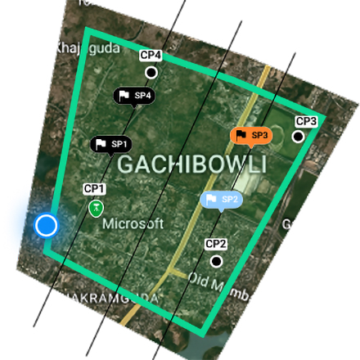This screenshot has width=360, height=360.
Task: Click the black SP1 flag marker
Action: coord(111,145)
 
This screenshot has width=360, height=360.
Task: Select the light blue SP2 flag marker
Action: coord(221,199)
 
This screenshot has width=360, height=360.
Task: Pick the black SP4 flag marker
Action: coord(133,96)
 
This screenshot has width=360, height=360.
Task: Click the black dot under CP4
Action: coord(151,73)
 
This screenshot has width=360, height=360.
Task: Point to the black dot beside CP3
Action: coord(298,136)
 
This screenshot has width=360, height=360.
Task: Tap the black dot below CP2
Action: coord(216,261)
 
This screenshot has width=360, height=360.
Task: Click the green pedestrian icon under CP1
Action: coord(97,209)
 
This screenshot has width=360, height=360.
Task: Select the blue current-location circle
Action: coord(47,225)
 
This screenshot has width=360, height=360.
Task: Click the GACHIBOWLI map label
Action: coord(192,164)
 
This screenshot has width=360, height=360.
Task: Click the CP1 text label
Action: coord(95,189)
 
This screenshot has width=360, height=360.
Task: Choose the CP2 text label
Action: coord(216,244)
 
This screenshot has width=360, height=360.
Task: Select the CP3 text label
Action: coord(306,121)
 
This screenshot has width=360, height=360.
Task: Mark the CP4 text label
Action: coord(151,55)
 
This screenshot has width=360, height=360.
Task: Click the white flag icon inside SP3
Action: coord(241,134)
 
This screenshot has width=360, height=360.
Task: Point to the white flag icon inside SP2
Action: coord(211,199)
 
